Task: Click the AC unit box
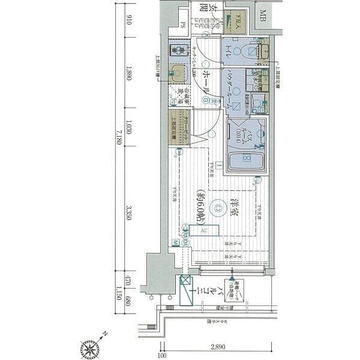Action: pos(204,230)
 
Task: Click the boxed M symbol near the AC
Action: pos(175,242)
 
